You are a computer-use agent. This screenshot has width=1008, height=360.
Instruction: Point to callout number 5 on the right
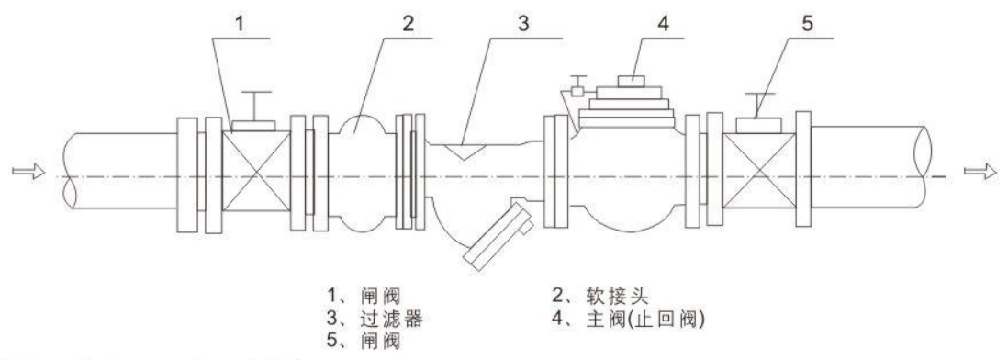808,24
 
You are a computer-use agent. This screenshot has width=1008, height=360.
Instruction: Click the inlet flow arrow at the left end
28,171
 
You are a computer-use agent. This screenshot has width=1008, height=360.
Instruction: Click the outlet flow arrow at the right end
980,172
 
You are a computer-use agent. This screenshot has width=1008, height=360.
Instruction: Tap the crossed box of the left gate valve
255,171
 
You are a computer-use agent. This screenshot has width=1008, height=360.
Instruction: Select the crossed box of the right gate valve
759,171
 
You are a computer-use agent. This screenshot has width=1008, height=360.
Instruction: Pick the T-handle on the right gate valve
758,107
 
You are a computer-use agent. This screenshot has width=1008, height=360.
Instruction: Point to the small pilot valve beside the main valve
577,87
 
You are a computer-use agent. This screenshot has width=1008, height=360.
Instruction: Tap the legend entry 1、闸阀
364,296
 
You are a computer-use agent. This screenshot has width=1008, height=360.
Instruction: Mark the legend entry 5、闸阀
364,340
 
